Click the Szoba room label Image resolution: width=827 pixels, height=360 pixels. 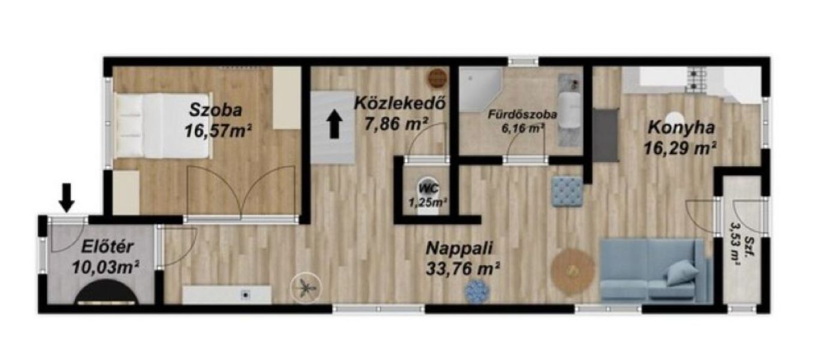click(x=216, y=110)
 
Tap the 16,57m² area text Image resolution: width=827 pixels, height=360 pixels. click(x=218, y=131)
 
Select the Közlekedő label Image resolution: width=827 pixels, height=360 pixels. click(x=399, y=103)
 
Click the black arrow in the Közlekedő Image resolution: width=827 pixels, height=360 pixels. click(x=335, y=124)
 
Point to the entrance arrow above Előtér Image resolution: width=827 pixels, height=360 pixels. click(x=67, y=198)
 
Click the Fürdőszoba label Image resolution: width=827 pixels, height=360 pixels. click(x=522, y=115)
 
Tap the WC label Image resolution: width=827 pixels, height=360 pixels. click(x=429, y=188)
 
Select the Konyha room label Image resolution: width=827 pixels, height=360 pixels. click(x=681, y=128)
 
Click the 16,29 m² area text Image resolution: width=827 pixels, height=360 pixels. click(x=680, y=148)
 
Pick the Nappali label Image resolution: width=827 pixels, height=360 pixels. click(x=459, y=248)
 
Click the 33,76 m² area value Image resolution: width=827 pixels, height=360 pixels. click(x=463, y=268)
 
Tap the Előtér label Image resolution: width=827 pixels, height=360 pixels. click(x=107, y=247)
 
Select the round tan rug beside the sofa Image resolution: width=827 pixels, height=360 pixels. click(x=573, y=272)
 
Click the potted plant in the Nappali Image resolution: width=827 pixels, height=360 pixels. click(x=305, y=287)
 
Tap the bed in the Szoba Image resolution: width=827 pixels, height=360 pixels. click(x=163, y=125)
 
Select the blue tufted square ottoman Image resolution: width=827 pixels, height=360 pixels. click(x=567, y=191)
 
